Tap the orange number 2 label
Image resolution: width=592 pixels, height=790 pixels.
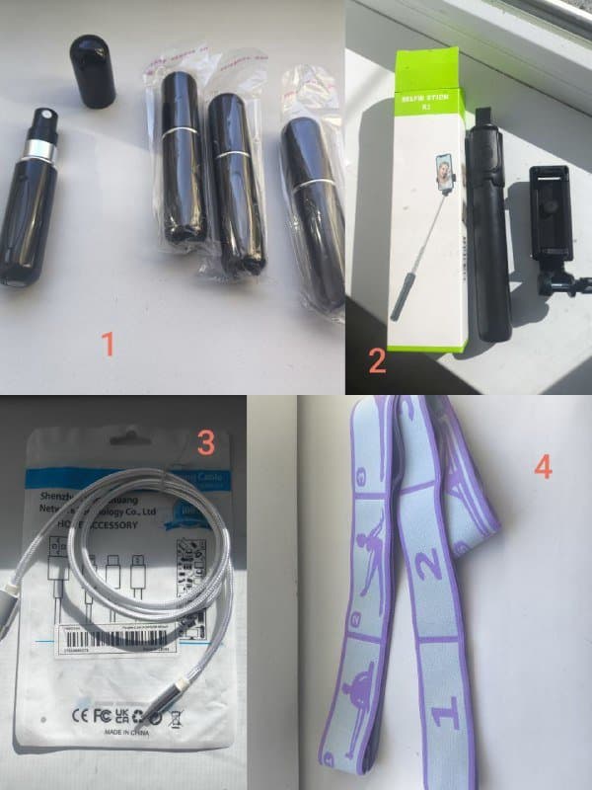pos(376,361)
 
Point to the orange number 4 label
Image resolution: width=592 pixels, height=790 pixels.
pos(543,465)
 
